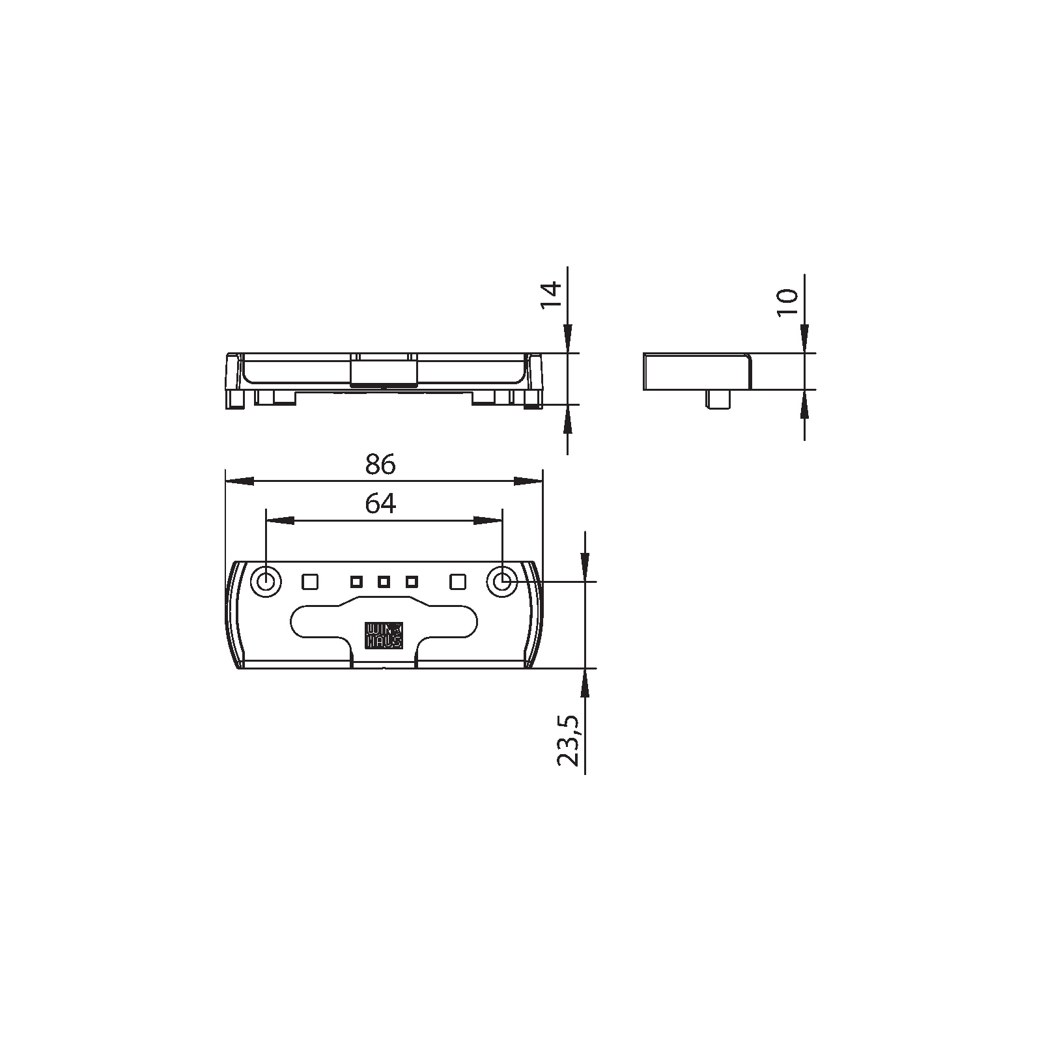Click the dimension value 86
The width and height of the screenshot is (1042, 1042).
380,464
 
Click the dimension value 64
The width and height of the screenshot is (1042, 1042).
380,503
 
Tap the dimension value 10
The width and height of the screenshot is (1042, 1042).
788,303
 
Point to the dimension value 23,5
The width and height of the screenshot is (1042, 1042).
568,740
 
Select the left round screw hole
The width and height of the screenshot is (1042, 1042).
266,581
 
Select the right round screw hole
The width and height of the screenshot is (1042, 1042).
502,581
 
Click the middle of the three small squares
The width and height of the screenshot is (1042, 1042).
384,581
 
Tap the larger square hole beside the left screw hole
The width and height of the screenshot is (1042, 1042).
310,581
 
